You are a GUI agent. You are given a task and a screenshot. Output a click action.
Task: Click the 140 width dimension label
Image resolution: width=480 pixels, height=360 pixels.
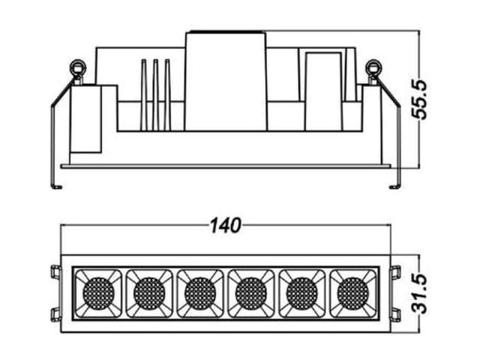point(226,226)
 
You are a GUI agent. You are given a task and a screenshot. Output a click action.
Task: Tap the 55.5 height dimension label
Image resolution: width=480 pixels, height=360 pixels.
point(418,100)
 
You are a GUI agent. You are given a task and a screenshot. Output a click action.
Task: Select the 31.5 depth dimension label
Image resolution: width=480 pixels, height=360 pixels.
point(419,294)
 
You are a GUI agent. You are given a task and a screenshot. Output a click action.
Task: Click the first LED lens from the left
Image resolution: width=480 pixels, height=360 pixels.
point(98,293)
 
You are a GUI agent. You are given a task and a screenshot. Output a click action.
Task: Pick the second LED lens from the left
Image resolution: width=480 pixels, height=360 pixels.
point(149,293)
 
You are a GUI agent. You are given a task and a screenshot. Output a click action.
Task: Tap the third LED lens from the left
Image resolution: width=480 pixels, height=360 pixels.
point(200,293)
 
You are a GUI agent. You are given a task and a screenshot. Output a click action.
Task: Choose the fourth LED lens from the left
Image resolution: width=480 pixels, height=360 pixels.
point(251,293)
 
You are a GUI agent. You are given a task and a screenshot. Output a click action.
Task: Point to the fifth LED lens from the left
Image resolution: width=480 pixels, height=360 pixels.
point(302,293)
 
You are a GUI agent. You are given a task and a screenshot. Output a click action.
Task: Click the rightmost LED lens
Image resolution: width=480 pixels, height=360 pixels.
point(353,293)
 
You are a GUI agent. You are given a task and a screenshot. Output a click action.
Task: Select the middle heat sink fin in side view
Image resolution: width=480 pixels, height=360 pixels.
point(156,95)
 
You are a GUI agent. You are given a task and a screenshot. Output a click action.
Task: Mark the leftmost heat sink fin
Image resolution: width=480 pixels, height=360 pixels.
point(144,95)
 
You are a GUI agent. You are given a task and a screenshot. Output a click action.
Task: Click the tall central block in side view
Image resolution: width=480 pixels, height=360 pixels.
point(226,81)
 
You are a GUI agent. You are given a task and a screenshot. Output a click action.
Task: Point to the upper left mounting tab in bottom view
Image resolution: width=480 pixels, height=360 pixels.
point(56,272)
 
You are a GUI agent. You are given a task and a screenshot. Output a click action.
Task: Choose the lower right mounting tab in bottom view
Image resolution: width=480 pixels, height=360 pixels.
point(395,315)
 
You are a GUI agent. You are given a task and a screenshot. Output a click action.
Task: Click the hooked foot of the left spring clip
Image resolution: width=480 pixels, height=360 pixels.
point(57,187)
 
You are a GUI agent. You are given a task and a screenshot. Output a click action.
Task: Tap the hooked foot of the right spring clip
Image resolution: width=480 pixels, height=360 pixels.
point(394,187)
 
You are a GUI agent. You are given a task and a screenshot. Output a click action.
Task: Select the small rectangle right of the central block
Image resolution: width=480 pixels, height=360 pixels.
point(323,91)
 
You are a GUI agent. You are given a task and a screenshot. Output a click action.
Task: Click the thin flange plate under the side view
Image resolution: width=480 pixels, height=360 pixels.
point(226,166)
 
